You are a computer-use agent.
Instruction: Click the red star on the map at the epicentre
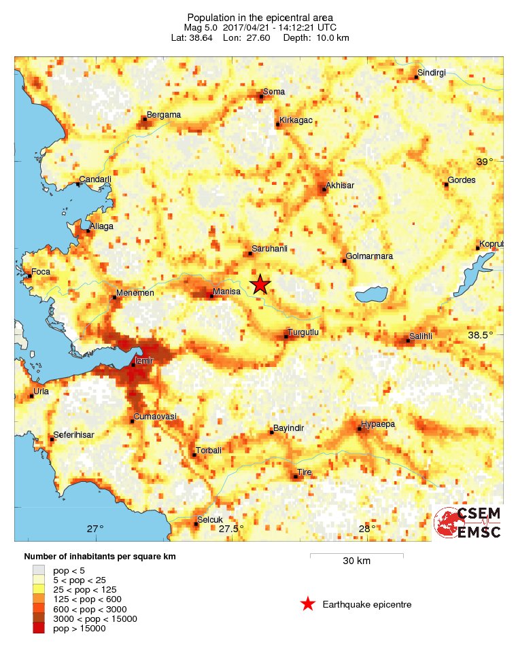click(x=260, y=285)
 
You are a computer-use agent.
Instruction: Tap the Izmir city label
click(x=145, y=360)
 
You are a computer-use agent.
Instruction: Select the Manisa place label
click(x=226, y=292)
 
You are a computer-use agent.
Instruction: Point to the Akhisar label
click(x=340, y=185)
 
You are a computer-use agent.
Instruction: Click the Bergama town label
click(x=164, y=115)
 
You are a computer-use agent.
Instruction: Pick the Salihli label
click(x=421, y=336)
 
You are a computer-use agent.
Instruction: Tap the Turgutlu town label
click(x=303, y=332)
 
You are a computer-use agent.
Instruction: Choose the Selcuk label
click(x=209, y=521)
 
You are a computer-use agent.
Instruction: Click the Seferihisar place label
click(x=74, y=435)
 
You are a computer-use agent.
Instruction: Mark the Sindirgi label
click(x=431, y=73)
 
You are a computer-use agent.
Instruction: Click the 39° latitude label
click(x=484, y=162)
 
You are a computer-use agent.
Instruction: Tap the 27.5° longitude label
click(x=231, y=529)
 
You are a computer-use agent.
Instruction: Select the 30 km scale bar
click(x=356, y=555)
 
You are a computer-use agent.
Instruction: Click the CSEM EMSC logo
click(x=467, y=523)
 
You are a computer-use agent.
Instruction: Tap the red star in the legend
click(x=308, y=604)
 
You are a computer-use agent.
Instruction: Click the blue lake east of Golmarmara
click(x=371, y=295)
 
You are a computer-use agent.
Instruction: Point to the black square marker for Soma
click(x=261, y=97)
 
